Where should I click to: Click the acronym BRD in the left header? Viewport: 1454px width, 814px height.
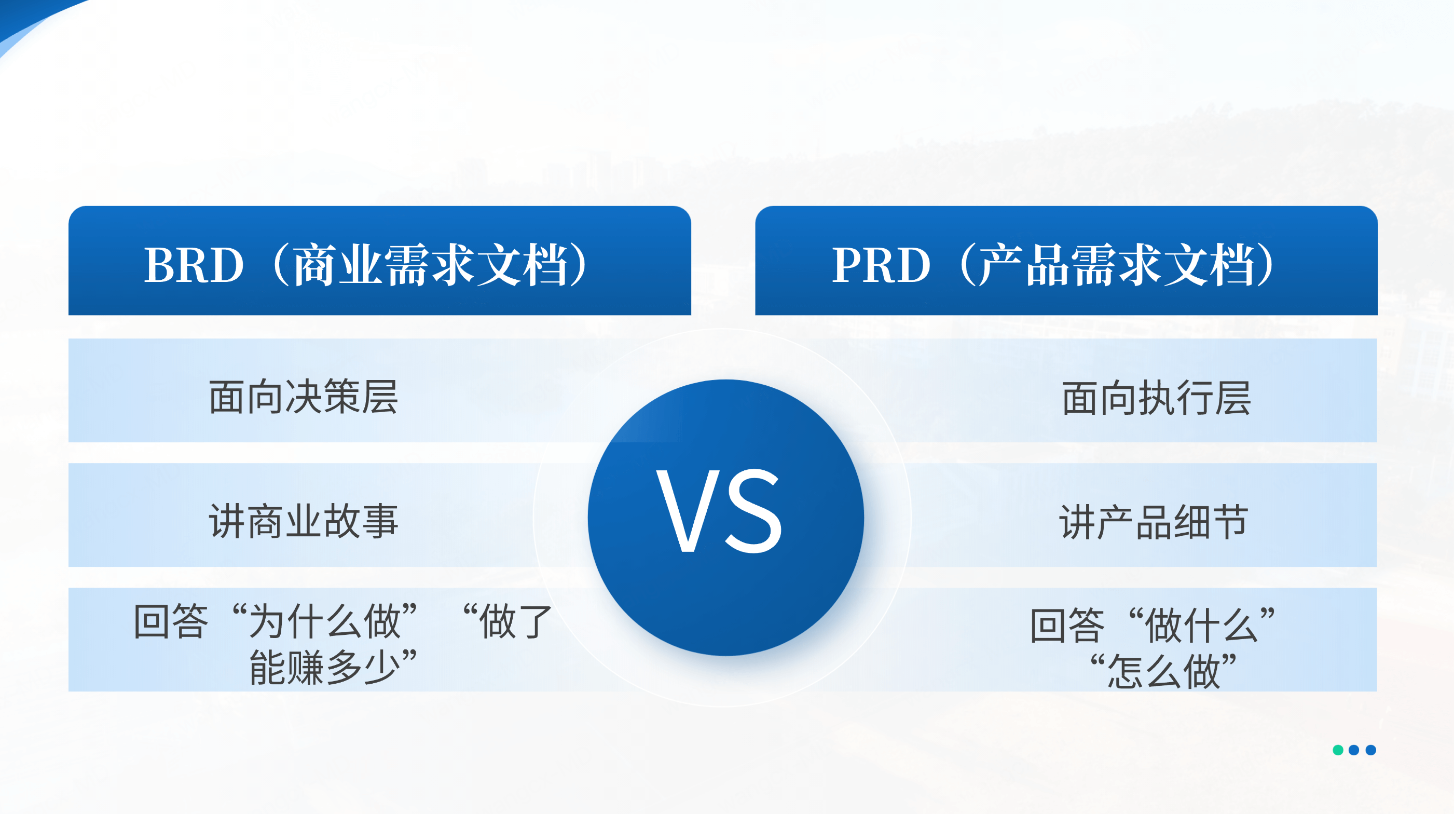point(194,265)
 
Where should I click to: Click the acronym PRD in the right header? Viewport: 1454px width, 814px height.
point(881,265)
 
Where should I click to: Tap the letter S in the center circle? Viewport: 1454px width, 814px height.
point(754,511)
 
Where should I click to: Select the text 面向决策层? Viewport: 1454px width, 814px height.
point(304,397)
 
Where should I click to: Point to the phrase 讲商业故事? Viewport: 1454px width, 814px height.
point(304,521)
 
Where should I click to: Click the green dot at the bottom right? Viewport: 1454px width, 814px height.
point(1338,750)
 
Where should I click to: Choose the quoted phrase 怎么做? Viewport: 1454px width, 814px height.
point(1164,671)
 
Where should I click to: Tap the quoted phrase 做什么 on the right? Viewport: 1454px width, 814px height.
point(1202,625)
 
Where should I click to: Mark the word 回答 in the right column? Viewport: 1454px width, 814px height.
point(1067,625)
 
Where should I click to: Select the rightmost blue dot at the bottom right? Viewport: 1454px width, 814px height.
point(1370,750)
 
